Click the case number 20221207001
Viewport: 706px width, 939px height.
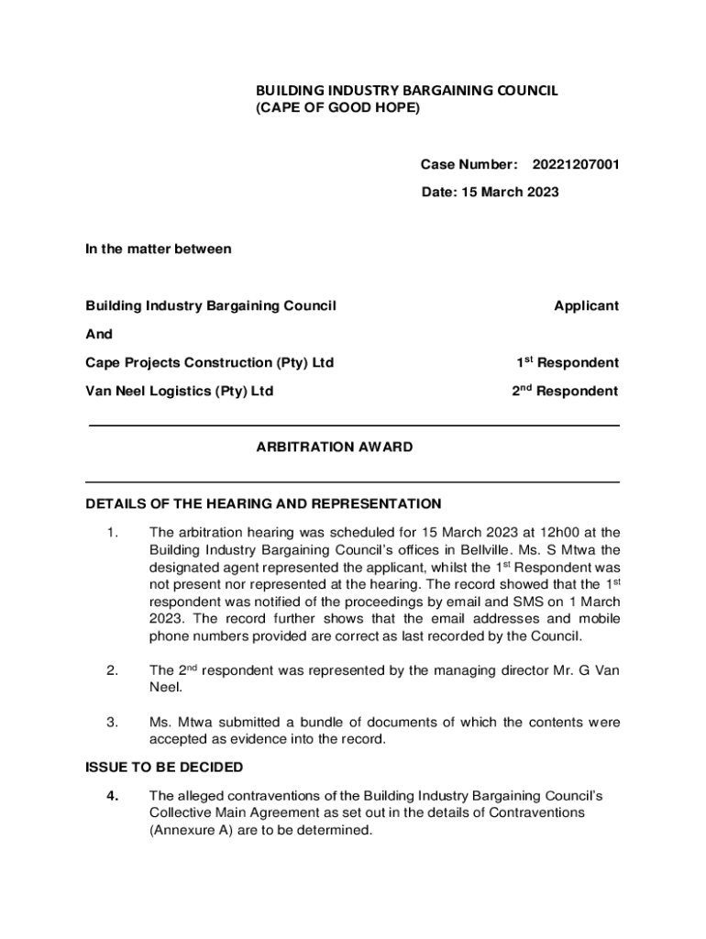click(x=575, y=165)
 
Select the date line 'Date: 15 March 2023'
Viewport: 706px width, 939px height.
click(x=490, y=193)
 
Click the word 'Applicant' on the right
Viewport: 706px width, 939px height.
click(x=586, y=305)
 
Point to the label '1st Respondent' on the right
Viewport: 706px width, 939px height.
click(x=567, y=363)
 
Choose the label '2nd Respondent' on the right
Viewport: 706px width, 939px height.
click(x=565, y=392)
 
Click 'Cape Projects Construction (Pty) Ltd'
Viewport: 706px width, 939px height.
click(x=209, y=363)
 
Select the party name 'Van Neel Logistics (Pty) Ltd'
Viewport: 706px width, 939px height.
click(x=180, y=392)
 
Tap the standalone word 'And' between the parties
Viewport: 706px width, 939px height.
click(x=98, y=334)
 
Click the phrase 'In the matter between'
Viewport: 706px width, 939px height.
click(x=158, y=249)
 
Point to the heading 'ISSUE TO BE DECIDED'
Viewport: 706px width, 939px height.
click(x=164, y=767)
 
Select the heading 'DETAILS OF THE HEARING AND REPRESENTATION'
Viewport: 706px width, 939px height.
click(x=263, y=503)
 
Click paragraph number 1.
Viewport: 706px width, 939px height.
click(x=112, y=532)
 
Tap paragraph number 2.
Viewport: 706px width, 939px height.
click(x=112, y=671)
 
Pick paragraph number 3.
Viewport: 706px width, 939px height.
click(x=112, y=723)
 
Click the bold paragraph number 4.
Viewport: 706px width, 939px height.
click(x=112, y=795)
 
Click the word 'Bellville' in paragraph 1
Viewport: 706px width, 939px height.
click(x=502, y=550)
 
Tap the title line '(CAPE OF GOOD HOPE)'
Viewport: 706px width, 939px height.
click(x=336, y=108)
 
